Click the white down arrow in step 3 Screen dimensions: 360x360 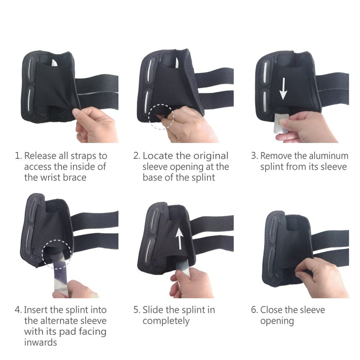coord(283,89)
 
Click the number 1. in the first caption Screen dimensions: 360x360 coord(18,156)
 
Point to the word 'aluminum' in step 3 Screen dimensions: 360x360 coord(327,156)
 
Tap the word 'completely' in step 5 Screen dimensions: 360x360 coord(166,321)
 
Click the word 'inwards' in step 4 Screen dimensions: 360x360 coord(41,342)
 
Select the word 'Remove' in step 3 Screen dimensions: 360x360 coord(275,156)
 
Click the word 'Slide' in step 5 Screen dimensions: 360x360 coord(153,310)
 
